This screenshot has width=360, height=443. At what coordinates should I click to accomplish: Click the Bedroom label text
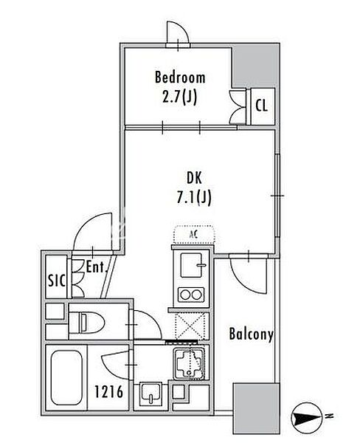click(x=180, y=77)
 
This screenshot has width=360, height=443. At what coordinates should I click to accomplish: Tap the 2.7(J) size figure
click(x=179, y=97)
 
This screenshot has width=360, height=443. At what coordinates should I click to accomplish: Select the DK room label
click(x=194, y=178)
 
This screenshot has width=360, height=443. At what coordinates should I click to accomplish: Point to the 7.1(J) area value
click(x=194, y=197)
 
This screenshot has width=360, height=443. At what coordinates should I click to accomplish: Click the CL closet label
click(x=261, y=106)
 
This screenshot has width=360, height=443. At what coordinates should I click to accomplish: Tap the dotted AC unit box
click(x=194, y=234)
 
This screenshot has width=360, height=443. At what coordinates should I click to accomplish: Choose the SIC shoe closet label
click(x=57, y=281)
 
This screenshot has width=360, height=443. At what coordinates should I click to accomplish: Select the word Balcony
click(x=251, y=334)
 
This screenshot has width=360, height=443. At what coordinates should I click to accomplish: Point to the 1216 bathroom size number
click(x=108, y=392)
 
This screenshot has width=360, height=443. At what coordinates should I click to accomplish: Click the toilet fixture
click(x=87, y=322)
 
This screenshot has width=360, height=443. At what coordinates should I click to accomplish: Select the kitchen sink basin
click(x=192, y=265)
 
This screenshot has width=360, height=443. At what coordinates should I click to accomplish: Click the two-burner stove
click(x=191, y=295)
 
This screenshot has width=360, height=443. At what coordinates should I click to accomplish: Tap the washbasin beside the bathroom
click(x=150, y=394)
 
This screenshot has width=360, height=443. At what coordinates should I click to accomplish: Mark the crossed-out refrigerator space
click(x=190, y=326)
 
